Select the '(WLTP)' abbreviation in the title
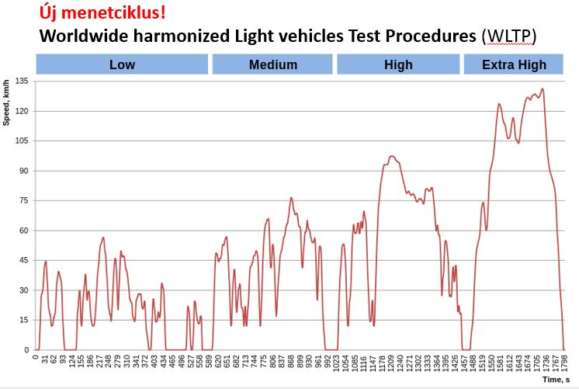coord(508,36)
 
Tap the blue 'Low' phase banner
coord(122,64)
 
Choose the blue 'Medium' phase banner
coord(272,64)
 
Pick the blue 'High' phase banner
coord(398,64)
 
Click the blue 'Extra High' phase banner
coord(514,64)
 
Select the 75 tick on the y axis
coord(23,200)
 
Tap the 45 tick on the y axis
coord(23,260)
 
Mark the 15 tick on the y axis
coord(23,320)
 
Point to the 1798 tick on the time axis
coord(565,363)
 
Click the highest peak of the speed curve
coord(542,89)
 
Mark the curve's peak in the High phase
coord(392,156)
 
